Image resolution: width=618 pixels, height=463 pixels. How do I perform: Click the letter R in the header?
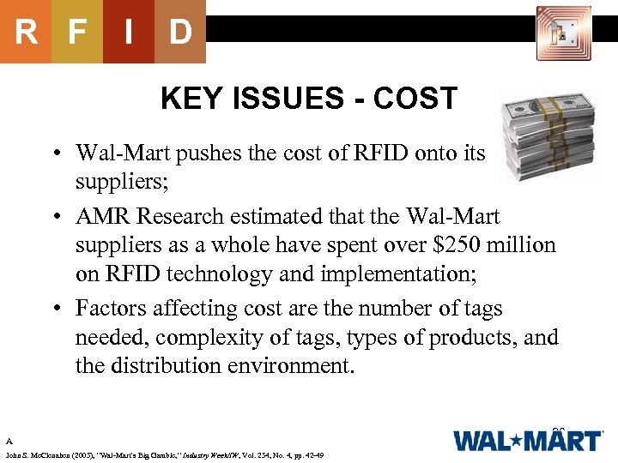click(x=26, y=33)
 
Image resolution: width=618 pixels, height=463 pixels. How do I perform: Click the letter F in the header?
click(x=77, y=33)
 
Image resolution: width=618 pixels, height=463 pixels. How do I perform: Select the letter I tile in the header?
click(x=129, y=33)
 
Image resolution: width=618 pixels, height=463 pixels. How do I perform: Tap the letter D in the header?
click(x=180, y=33)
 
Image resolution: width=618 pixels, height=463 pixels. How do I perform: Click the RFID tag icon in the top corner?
click(x=563, y=33)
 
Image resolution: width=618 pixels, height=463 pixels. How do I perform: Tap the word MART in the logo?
click(x=563, y=442)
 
